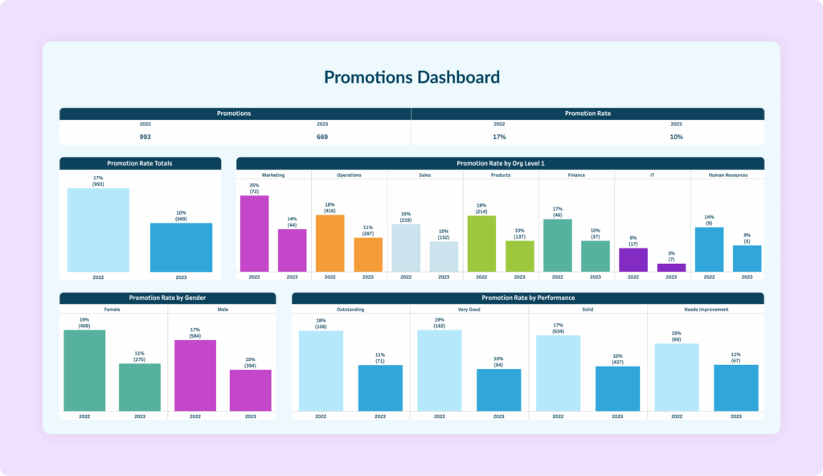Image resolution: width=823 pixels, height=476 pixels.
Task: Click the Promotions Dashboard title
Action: pos(411,77)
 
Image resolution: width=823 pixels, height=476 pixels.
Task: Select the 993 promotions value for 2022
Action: pos(145,137)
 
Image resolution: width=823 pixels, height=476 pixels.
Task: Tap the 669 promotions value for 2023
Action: pos(322,137)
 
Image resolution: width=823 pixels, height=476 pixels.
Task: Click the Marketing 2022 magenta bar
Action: pos(254,233)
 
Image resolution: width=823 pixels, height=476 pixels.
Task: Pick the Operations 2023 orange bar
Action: pos(368,254)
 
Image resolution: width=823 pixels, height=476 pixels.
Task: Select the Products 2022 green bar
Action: pos(481,243)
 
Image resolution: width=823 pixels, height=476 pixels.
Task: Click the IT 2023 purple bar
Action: pos(671,267)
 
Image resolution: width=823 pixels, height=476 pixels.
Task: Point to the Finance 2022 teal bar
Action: pos(557,245)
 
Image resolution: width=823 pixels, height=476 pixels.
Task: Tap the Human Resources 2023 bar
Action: pos(747,258)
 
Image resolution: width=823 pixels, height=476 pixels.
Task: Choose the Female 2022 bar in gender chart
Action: pos(84,371)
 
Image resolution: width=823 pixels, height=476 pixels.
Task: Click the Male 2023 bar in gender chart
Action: pos(250,390)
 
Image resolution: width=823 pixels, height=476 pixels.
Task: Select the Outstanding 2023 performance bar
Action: pos(380,388)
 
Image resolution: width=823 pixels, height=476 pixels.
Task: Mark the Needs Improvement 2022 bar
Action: pos(677,377)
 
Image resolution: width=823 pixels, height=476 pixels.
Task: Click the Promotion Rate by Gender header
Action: pos(167,298)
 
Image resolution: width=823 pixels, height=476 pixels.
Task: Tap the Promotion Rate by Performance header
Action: pos(527,298)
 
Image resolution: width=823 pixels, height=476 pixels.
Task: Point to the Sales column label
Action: pos(424,174)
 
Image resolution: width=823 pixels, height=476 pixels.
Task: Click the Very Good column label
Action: pos(469,310)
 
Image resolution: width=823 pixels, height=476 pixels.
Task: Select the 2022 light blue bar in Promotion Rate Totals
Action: pos(98,230)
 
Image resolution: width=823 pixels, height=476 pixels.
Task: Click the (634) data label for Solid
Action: pos(558,330)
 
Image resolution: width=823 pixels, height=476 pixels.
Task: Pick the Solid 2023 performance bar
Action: pos(617,388)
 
